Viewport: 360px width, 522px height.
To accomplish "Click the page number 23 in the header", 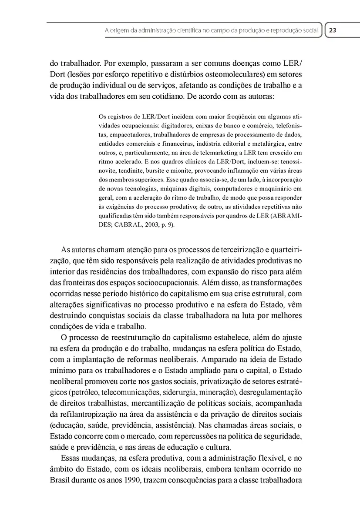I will point(333,30).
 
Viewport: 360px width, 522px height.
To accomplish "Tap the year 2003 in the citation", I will point(152,225).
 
